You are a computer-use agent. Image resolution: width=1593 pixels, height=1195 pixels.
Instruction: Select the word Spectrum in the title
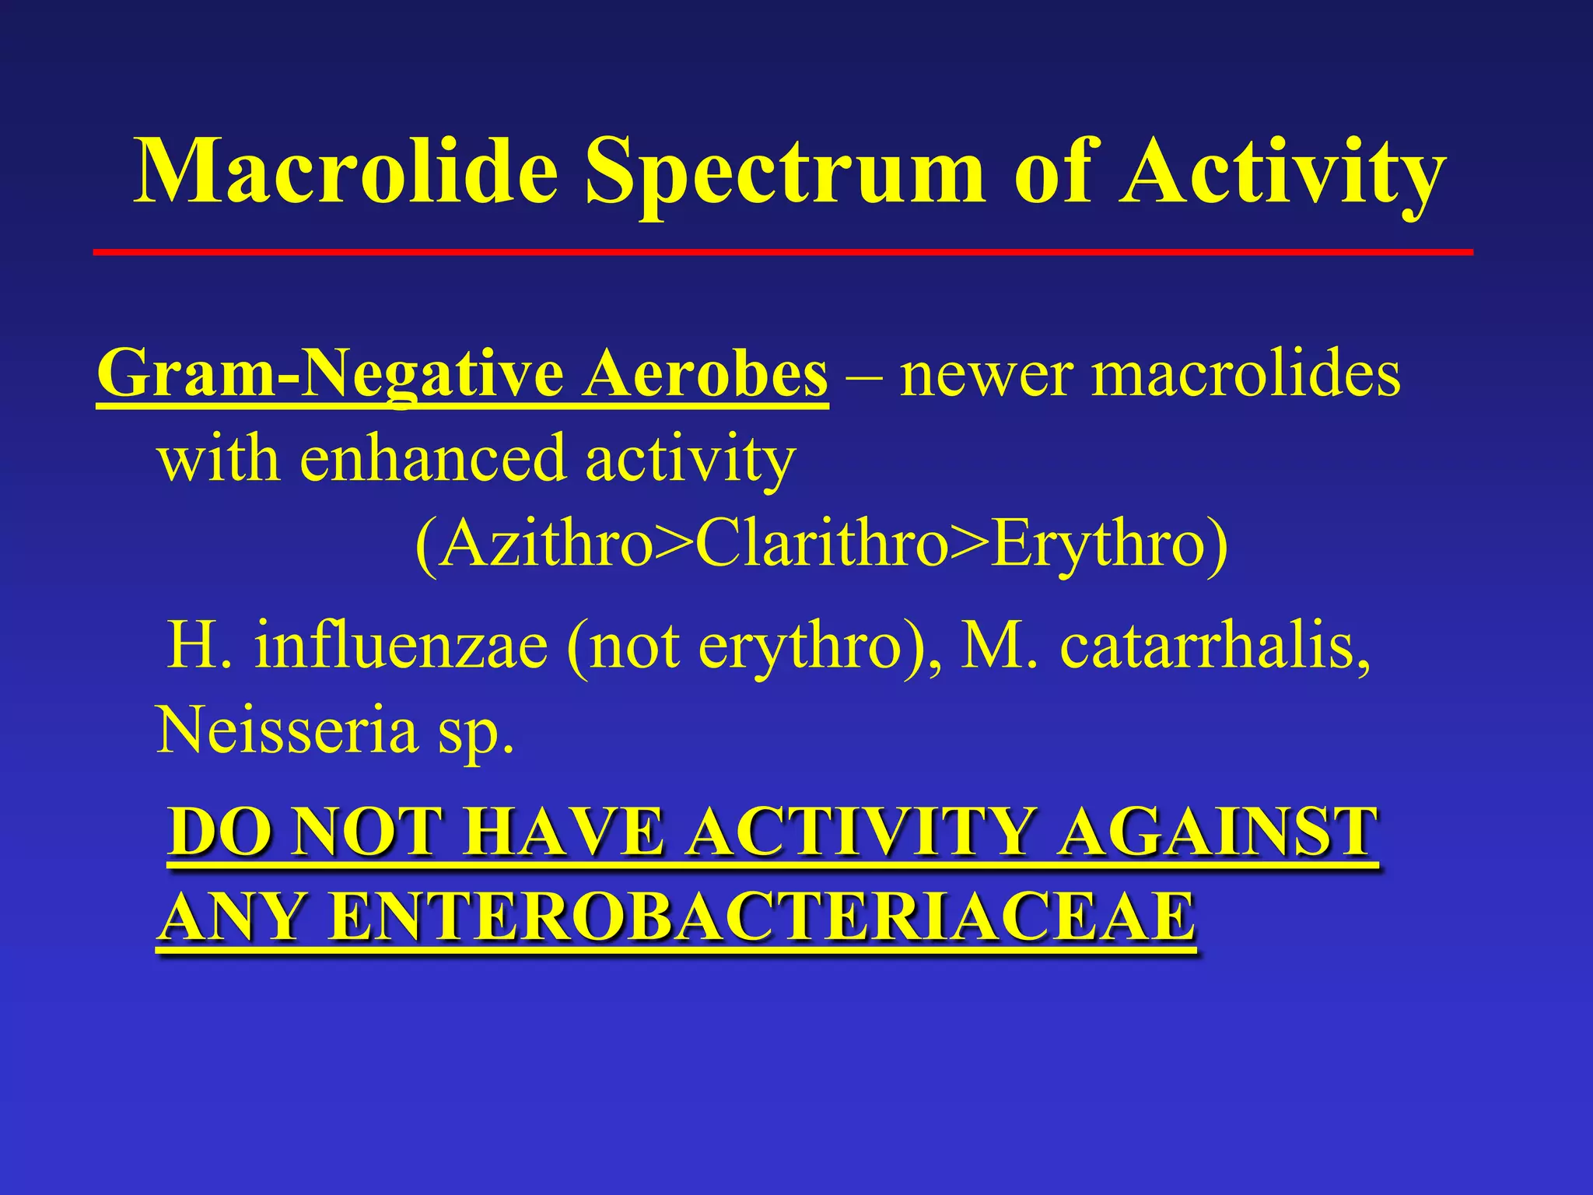(x=786, y=175)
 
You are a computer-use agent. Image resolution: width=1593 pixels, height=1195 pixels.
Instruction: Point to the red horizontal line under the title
(x=782, y=252)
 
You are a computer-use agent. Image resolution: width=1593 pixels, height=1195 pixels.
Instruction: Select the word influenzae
(x=401, y=646)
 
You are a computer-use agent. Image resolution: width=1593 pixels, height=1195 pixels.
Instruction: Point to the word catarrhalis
(x=1214, y=646)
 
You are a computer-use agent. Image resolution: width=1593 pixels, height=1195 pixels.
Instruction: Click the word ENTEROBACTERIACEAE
(x=761, y=918)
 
